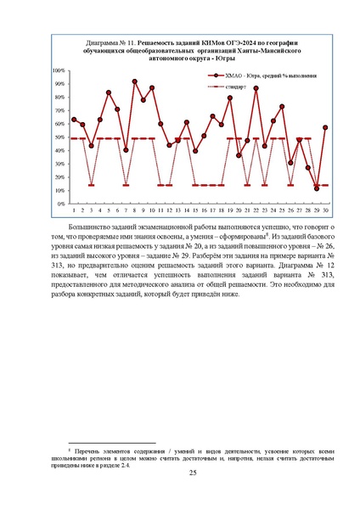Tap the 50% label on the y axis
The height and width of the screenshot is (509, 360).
(59, 137)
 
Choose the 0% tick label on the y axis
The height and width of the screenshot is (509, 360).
(61, 204)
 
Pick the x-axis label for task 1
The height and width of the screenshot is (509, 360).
(74, 210)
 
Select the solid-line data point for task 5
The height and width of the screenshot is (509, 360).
(109, 92)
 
